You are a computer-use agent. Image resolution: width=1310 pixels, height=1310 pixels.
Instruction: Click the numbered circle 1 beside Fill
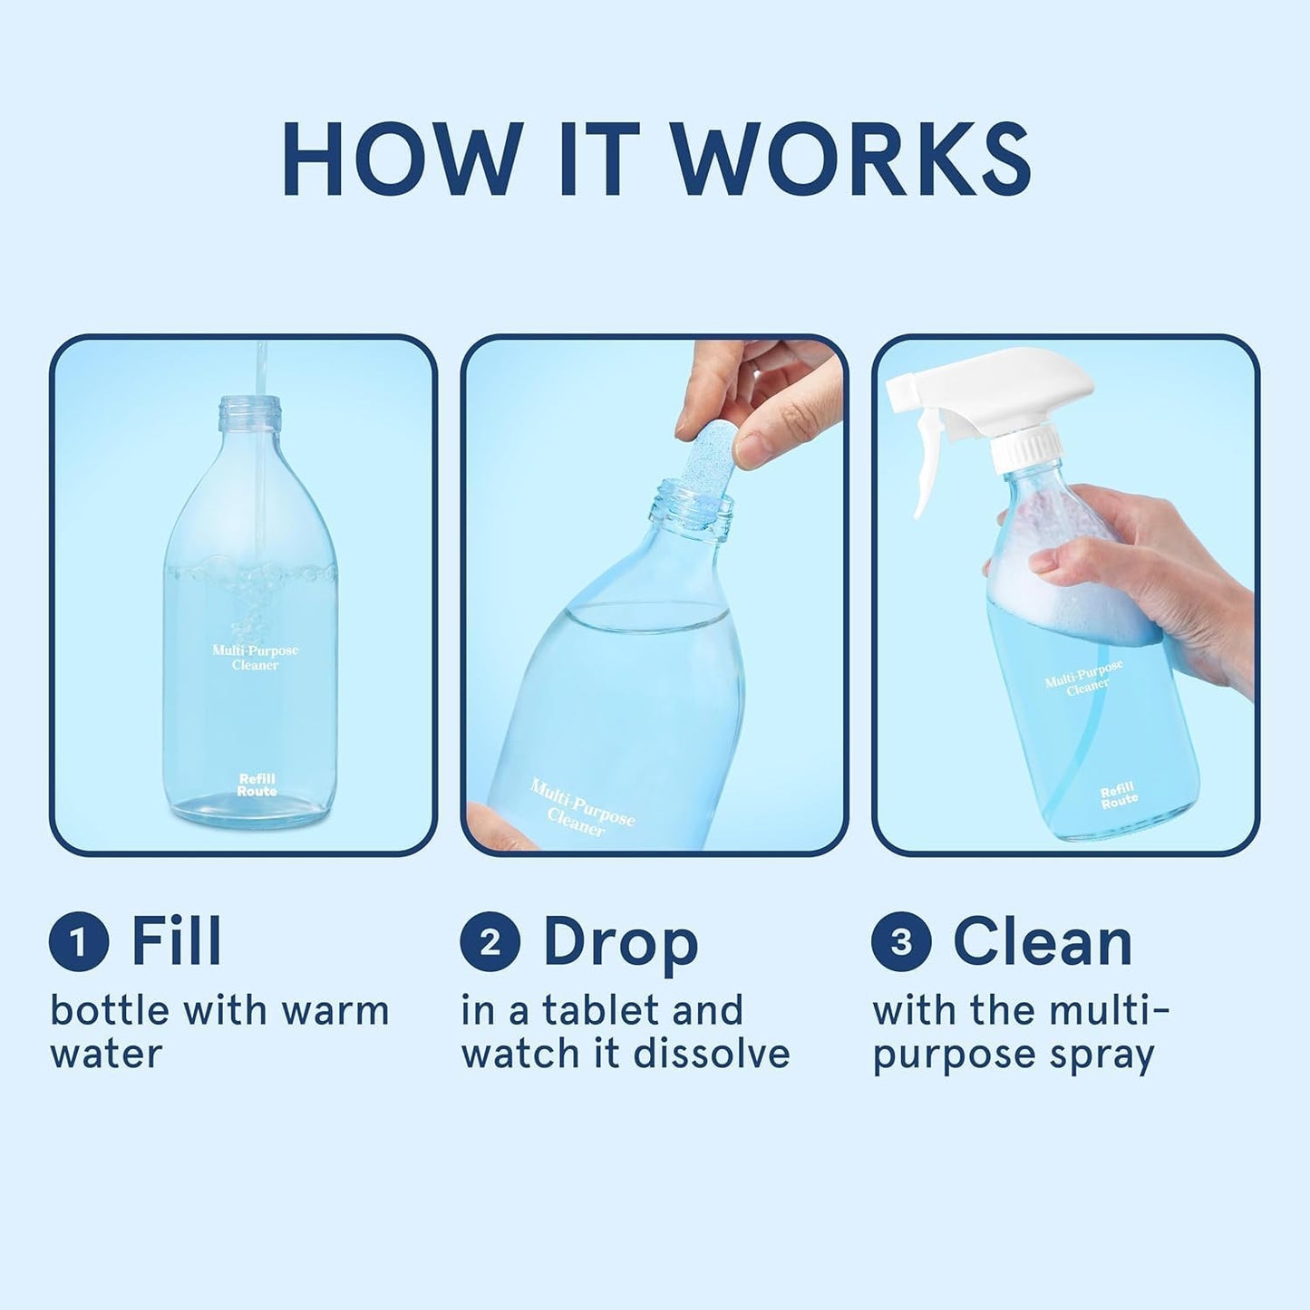click(79, 942)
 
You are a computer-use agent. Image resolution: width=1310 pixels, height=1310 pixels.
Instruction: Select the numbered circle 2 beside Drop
click(490, 942)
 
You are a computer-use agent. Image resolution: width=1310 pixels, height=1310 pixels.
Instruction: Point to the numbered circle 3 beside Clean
click(901, 942)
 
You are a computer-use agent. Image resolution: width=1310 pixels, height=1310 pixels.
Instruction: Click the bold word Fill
click(176, 942)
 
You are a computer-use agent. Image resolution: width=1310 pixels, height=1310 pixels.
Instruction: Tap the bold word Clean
click(1043, 942)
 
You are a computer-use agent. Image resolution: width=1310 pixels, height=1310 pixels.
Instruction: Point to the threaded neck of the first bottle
click(249, 415)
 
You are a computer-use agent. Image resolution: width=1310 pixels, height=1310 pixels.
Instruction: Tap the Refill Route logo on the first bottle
click(257, 785)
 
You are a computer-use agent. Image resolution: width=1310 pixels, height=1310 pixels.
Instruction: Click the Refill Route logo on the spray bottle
click(1119, 796)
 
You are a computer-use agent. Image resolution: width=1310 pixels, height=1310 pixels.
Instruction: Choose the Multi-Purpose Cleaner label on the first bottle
click(255, 658)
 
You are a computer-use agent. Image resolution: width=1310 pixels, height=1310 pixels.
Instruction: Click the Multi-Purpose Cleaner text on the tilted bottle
click(580, 808)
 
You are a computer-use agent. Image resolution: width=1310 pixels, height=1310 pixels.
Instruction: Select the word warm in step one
click(335, 1011)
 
